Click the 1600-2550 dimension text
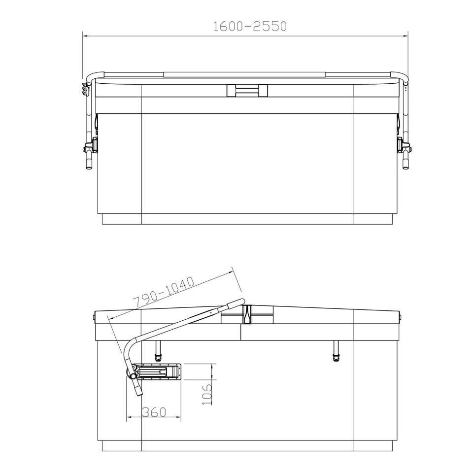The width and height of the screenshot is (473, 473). tap(250, 26)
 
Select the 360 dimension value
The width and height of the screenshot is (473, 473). tap(154, 412)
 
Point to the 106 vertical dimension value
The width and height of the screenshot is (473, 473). tap(206, 394)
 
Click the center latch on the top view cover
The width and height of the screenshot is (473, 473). tap(247, 91)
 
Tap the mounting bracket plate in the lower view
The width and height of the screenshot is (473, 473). tap(158, 371)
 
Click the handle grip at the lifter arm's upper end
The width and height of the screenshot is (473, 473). tap(236, 303)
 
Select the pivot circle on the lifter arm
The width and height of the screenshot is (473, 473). tap(133, 376)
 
